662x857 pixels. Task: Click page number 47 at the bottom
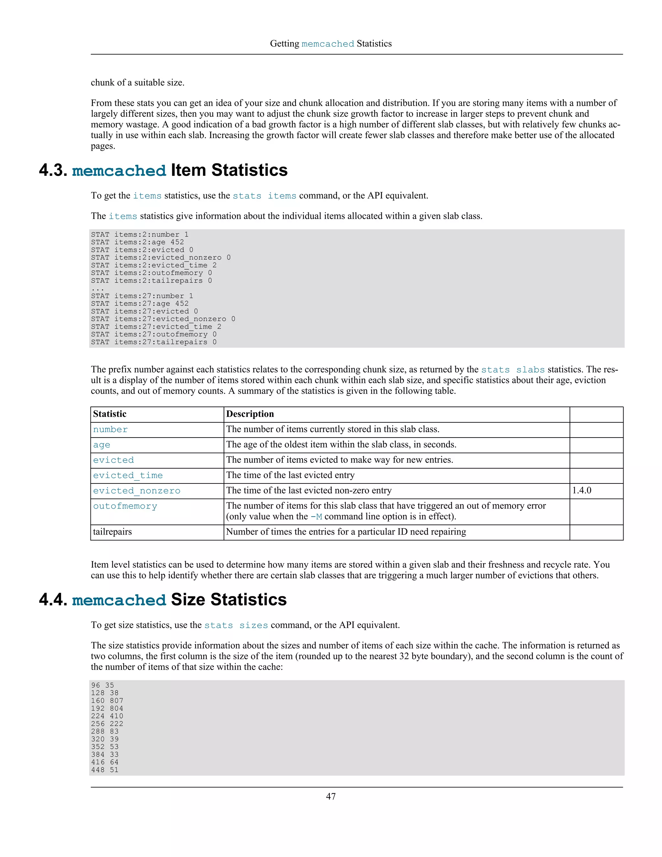tap(331, 796)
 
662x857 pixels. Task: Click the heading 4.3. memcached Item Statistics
tap(163, 170)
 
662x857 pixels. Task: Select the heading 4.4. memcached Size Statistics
tap(163, 600)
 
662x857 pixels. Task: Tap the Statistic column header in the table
tap(110, 414)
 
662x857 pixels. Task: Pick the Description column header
tap(250, 414)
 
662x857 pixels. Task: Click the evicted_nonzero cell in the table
tap(136, 491)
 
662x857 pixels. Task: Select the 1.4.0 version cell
tap(582, 491)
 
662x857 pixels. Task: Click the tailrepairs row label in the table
tap(112, 532)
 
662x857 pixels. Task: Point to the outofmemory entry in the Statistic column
tap(125, 506)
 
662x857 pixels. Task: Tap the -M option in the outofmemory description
tap(316, 517)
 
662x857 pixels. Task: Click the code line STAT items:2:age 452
tap(137, 242)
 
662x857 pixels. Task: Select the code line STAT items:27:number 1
tap(142, 296)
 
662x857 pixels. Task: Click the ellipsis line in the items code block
tap(98, 288)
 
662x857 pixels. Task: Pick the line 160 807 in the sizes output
tap(107, 700)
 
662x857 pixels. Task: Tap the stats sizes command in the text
tap(236, 625)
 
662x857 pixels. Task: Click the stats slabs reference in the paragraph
tap(513, 370)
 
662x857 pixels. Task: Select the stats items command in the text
tap(264, 196)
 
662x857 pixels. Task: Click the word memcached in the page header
tap(327, 44)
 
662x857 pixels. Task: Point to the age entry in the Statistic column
tap(101, 445)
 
